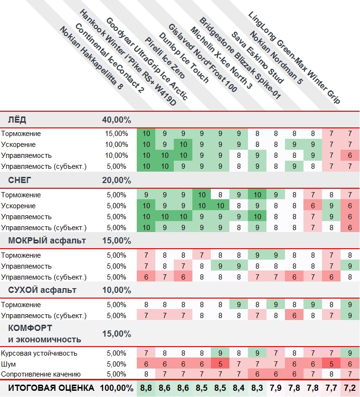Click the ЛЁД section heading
click(20, 119)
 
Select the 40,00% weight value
click(116, 119)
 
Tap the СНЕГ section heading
click(22, 180)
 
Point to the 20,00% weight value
click(116, 180)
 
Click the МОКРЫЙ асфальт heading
click(47, 240)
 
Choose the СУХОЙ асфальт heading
click(42, 290)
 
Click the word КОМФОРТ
click(30, 328)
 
